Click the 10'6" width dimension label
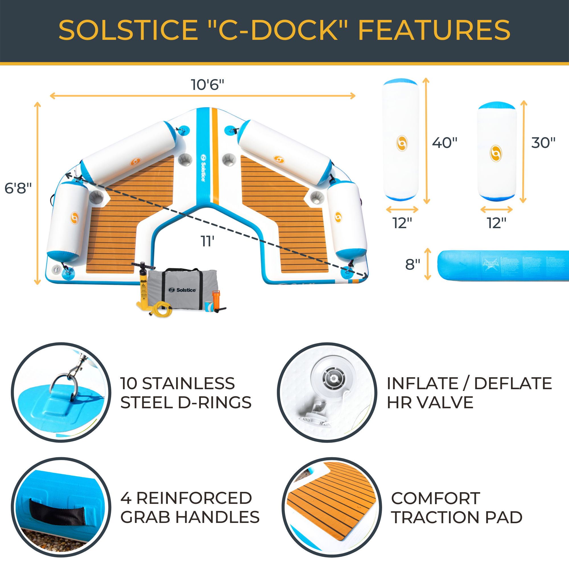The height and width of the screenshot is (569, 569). pyautogui.click(x=207, y=85)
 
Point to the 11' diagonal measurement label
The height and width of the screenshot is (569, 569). pyautogui.click(x=207, y=242)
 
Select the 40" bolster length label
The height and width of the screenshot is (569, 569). pyautogui.click(x=444, y=143)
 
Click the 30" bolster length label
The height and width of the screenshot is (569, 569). pyautogui.click(x=543, y=143)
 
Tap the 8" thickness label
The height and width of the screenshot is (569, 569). pyautogui.click(x=412, y=265)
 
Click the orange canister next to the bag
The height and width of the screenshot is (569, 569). pyautogui.click(x=217, y=300)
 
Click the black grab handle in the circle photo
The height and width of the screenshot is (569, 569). pyautogui.click(x=57, y=512)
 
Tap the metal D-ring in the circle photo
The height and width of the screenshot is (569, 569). pyautogui.click(x=63, y=384)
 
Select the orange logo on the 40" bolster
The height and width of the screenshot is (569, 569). pyautogui.click(x=402, y=143)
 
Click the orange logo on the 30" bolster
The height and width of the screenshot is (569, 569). pyautogui.click(x=496, y=153)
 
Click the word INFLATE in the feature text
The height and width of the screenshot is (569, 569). pyautogui.click(x=422, y=384)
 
